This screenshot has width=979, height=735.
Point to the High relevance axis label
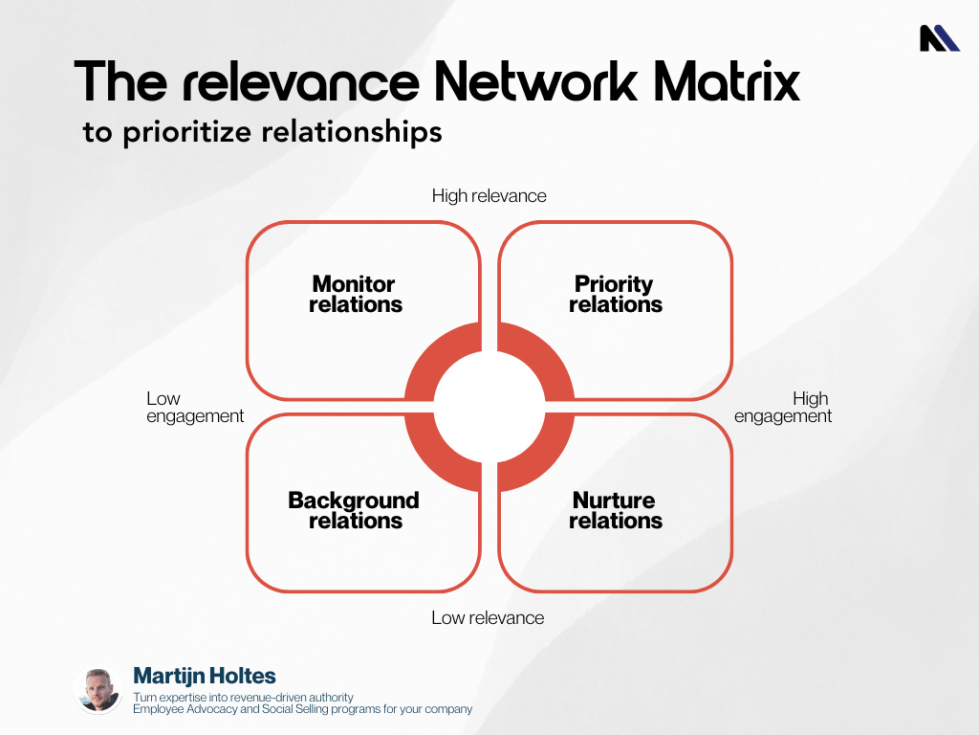[489, 196]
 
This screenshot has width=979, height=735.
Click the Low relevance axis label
[488, 618]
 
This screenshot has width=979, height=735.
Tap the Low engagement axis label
[194, 408]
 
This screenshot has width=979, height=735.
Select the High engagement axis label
[783, 408]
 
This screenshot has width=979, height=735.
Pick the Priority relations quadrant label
[615, 295]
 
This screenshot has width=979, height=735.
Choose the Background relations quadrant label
[354, 511]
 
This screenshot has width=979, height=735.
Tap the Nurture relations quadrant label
[615, 511]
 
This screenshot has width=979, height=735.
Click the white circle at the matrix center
[489, 407]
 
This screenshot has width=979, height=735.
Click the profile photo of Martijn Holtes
[98, 690]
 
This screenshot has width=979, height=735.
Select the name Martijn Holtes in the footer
[205, 677]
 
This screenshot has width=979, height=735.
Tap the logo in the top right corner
[939, 38]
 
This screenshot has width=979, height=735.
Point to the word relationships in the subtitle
[352, 132]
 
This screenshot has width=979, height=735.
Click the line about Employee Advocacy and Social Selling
[302, 709]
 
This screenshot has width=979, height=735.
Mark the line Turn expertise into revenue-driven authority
[243, 697]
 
